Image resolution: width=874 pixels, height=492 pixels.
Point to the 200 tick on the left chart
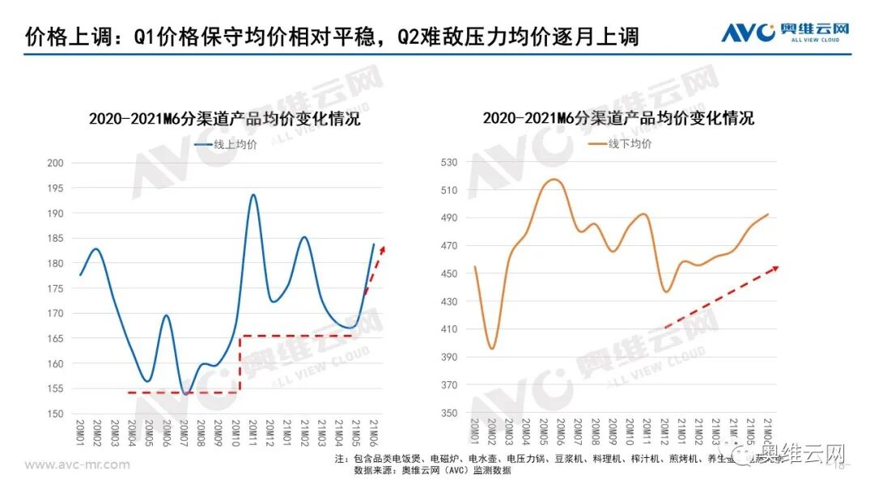56,163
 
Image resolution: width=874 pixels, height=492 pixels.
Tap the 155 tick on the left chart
56,389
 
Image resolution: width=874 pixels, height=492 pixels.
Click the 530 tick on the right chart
450,163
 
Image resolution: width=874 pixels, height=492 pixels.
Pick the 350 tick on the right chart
450,414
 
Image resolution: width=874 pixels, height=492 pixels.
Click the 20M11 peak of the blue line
253,195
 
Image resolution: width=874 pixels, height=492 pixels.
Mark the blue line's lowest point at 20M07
185,393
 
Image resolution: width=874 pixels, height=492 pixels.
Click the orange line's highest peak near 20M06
554,179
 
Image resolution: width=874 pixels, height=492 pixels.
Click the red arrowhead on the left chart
383,248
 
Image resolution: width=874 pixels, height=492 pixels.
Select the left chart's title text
225,119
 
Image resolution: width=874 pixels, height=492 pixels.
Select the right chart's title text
619,118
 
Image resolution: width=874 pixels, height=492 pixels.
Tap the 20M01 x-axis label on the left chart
80,434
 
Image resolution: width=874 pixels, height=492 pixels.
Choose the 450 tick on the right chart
450,274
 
